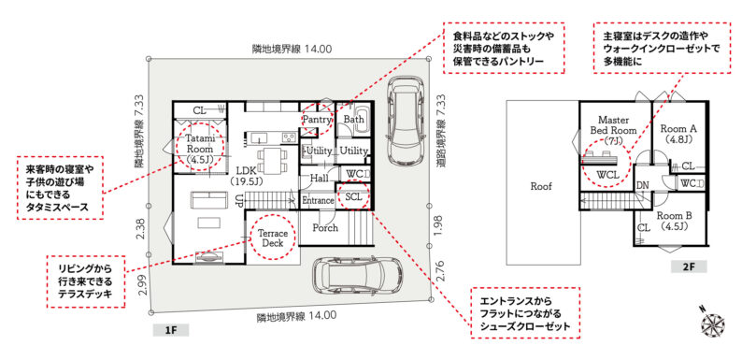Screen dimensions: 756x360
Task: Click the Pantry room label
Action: [x=317, y=119]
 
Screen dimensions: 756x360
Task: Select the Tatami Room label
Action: [x=196, y=148]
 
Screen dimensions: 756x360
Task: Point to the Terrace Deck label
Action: [x=272, y=237]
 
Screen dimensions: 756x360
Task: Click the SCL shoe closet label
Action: [x=353, y=197]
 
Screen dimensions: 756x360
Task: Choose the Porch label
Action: [x=325, y=228]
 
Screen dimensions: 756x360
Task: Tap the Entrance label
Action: [x=318, y=200]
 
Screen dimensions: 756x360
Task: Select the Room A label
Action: [x=678, y=134]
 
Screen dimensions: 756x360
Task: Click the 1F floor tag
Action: [x=171, y=330]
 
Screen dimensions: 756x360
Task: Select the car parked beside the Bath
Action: [x=405, y=122]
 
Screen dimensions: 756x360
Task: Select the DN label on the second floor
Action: [x=642, y=185]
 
